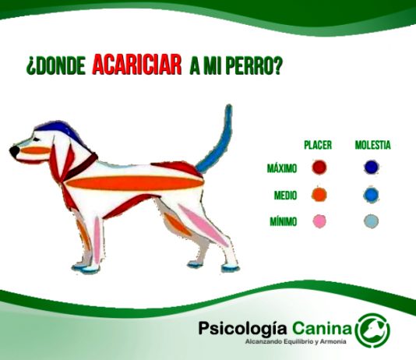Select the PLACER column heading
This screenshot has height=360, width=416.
pyautogui.click(x=318, y=145)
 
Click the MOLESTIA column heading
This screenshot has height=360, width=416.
pyautogui.click(x=372, y=145)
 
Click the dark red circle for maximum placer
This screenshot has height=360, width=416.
pyautogui.click(x=319, y=168)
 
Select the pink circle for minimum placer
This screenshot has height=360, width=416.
pyautogui.click(x=319, y=222)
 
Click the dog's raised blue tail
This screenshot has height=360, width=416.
pyautogui.click(x=221, y=140)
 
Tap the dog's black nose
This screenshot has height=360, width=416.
pyautogui.click(x=14, y=150)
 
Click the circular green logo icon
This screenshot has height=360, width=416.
pyautogui.click(x=372, y=330)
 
